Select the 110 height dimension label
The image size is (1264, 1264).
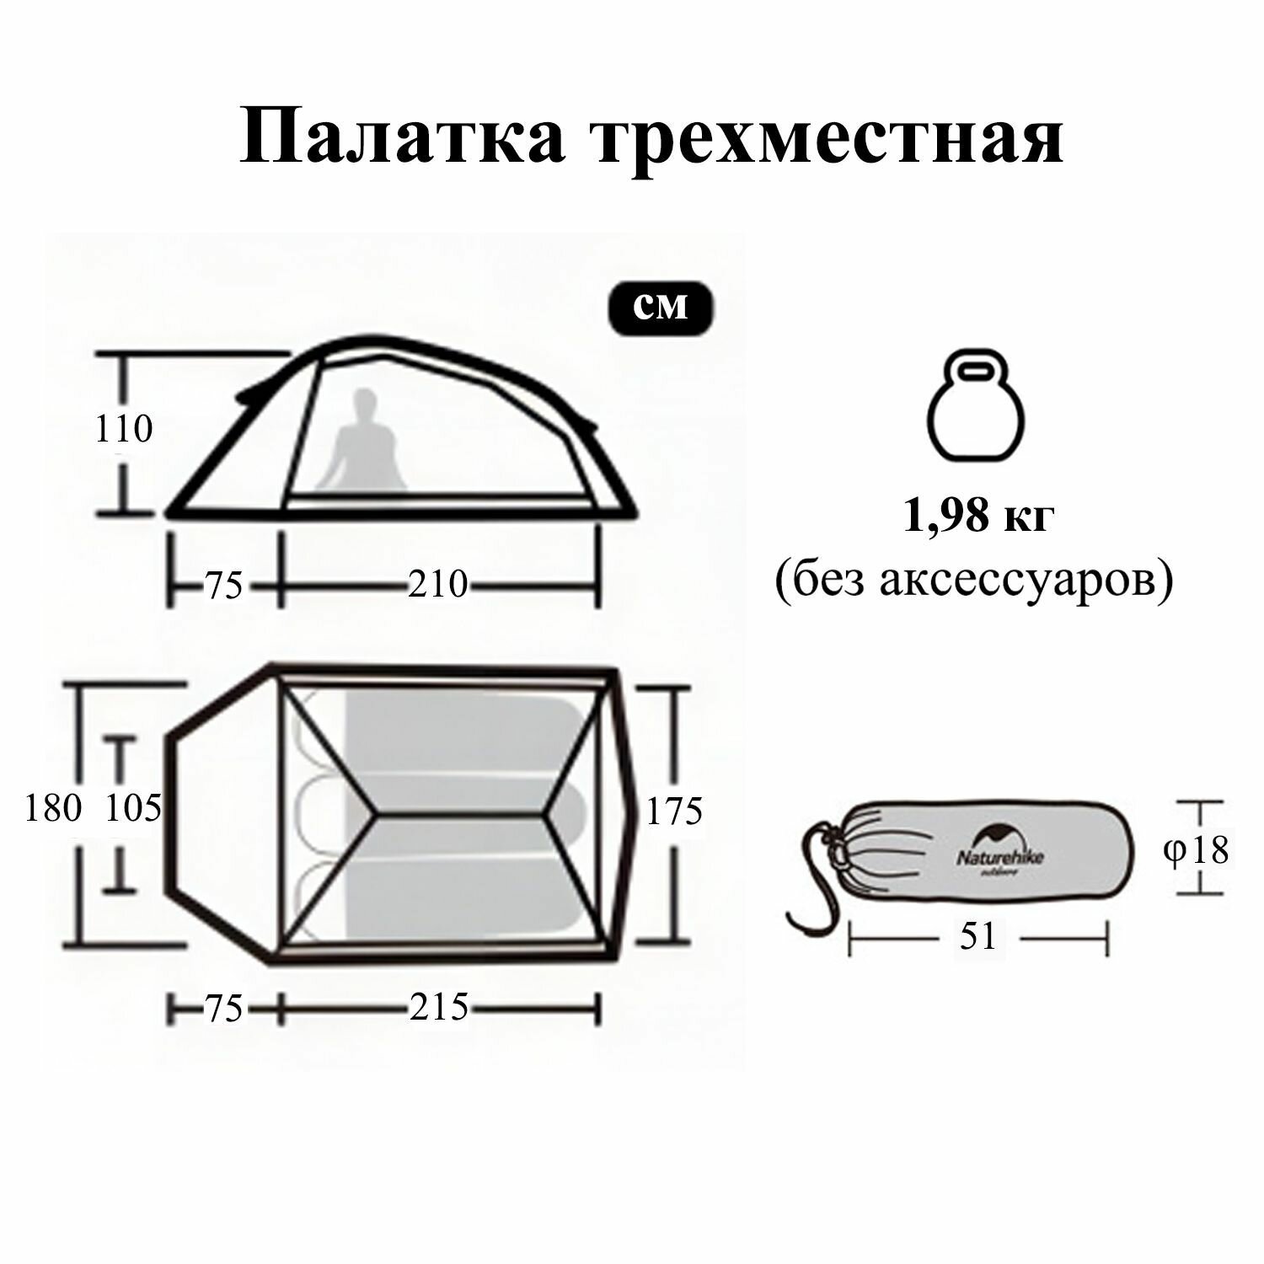tap(124, 430)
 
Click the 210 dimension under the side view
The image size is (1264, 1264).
tap(437, 584)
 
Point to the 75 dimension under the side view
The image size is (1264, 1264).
tap(224, 585)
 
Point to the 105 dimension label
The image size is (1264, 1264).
tap(133, 809)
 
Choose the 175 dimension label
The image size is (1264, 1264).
tap(674, 811)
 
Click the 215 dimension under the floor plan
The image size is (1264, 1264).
tap(439, 1007)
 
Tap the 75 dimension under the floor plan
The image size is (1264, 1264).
tap(224, 1008)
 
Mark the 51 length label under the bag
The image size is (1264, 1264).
tap(977, 936)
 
